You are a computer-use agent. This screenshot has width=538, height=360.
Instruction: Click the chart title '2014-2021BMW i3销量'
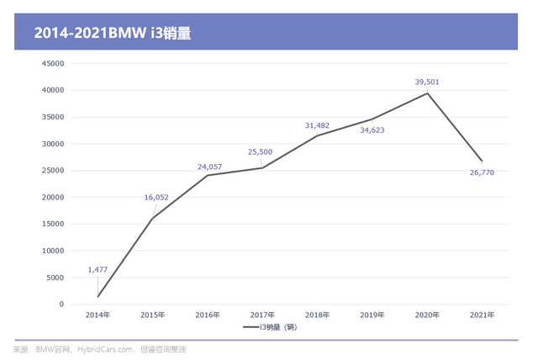pos(117,34)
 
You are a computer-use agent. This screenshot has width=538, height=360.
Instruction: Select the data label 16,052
pos(156,198)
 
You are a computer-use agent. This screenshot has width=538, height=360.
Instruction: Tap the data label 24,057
pos(209,167)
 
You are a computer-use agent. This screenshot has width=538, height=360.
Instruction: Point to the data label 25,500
pos(261,152)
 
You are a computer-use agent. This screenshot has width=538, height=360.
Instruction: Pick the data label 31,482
pos(317,125)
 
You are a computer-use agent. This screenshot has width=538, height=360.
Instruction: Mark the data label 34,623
pos(372,130)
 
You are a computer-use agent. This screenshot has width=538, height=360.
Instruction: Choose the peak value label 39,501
pos(427,82)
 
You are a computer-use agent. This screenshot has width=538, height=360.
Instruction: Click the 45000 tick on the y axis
pos(53,63)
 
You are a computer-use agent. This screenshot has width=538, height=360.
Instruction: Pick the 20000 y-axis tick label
pos(53,197)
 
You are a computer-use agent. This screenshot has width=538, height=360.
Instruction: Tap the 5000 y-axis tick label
pos(55,278)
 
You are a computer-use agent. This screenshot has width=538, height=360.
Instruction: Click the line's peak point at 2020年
pos(427,93)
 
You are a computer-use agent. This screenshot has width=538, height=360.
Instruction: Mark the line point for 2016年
pos(208,175)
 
